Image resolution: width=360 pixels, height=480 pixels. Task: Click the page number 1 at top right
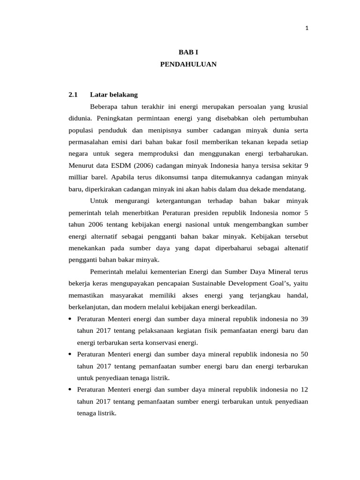[x=307, y=28]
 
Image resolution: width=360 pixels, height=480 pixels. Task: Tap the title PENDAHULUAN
[x=188, y=65]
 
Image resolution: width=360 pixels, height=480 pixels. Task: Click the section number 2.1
[x=73, y=95]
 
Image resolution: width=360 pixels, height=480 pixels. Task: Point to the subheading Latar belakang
[x=114, y=95]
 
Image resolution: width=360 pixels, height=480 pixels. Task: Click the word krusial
[x=295, y=107]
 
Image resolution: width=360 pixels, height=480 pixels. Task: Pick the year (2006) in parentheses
[x=145, y=165]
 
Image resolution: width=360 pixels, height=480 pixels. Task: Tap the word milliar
[x=79, y=178]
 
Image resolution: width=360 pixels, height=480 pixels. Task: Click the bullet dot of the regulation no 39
[x=70, y=319]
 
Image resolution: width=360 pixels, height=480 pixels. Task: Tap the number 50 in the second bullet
[x=304, y=354]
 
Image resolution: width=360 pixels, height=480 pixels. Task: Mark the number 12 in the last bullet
[x=304, y=390]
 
